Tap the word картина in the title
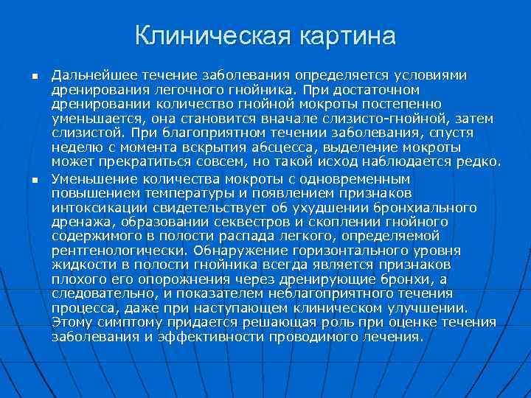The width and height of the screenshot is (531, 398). click(x=349, y=35)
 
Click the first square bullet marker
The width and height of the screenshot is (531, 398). click(x=34, y=77)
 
